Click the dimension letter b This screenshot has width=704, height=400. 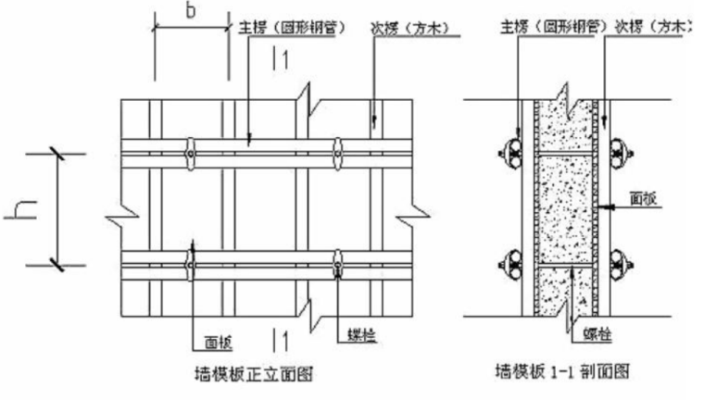tap(191, 12)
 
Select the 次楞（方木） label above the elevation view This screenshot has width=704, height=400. tap(409, 28)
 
